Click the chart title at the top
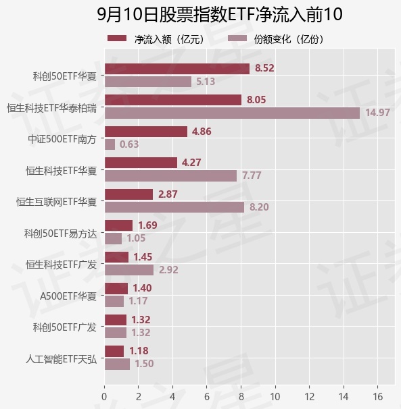(220, 14)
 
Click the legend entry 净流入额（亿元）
(156, 39)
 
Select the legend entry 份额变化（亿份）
(276, 39)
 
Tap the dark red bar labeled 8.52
(177, 69)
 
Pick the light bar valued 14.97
(233, 113)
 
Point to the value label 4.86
(202, 132)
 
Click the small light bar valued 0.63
(110, 144)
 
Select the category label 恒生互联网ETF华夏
(56, 202)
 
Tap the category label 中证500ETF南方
(62, 139)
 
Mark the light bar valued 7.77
(170, 175)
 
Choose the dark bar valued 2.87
(129, 194)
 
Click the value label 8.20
(259, 207)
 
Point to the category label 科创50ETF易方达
(60, 234)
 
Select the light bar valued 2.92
(129, 270)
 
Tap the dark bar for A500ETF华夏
(116, 288)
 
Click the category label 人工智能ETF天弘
(61, 359)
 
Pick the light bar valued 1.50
(118, 364)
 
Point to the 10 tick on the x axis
(275, 397)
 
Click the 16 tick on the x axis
(378, 397)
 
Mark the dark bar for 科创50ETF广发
(116, 320)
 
